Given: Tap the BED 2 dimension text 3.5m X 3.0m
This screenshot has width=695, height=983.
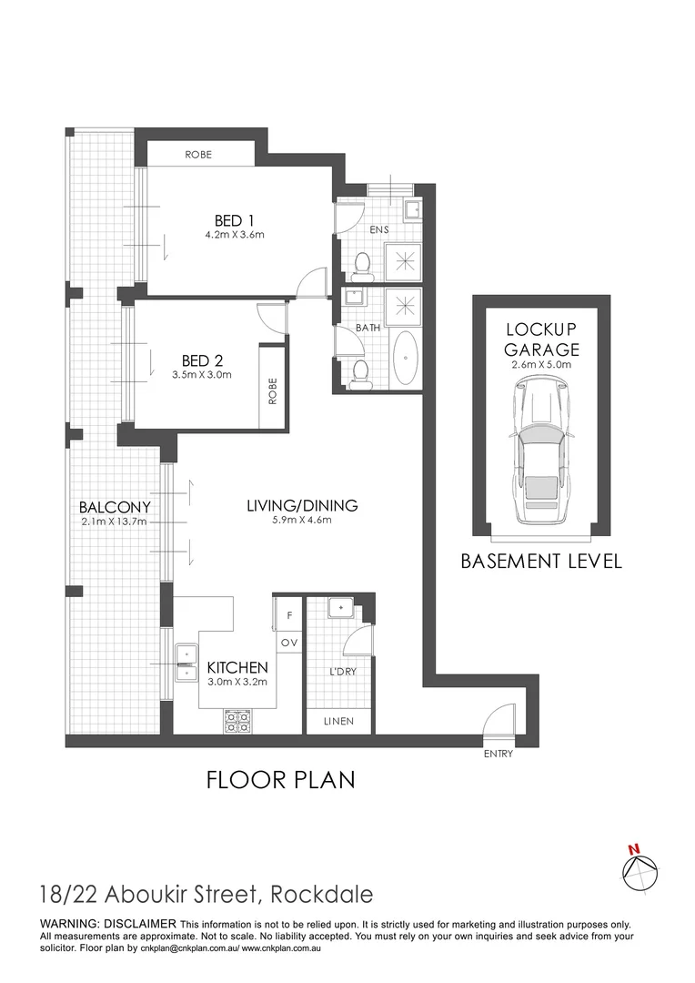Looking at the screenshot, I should click(x=201, y=374).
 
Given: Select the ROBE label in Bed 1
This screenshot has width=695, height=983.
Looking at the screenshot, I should click(x=198, y=155).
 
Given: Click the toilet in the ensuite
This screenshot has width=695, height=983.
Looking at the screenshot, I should click(x=363, y=265).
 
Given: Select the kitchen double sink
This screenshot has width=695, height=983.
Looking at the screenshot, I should click(x=186, y=663).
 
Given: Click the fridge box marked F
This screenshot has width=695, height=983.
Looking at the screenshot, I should click(x=289, y=615).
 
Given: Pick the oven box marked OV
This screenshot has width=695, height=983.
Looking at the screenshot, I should click(x=289, y=643).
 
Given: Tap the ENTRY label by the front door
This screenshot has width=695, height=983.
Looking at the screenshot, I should click(x=499, y=754).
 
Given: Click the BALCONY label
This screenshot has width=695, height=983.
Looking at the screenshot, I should click(x=114, y=507).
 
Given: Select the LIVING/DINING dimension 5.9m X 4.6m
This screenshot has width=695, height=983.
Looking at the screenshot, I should click(x=302, y=521).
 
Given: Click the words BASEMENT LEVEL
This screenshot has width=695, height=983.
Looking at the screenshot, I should click(x=541, y=561).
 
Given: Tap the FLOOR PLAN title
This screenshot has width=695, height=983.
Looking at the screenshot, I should click(x=280, y=780).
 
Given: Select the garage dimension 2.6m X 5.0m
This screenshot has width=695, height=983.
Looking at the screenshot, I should click(x=542, y=364).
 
